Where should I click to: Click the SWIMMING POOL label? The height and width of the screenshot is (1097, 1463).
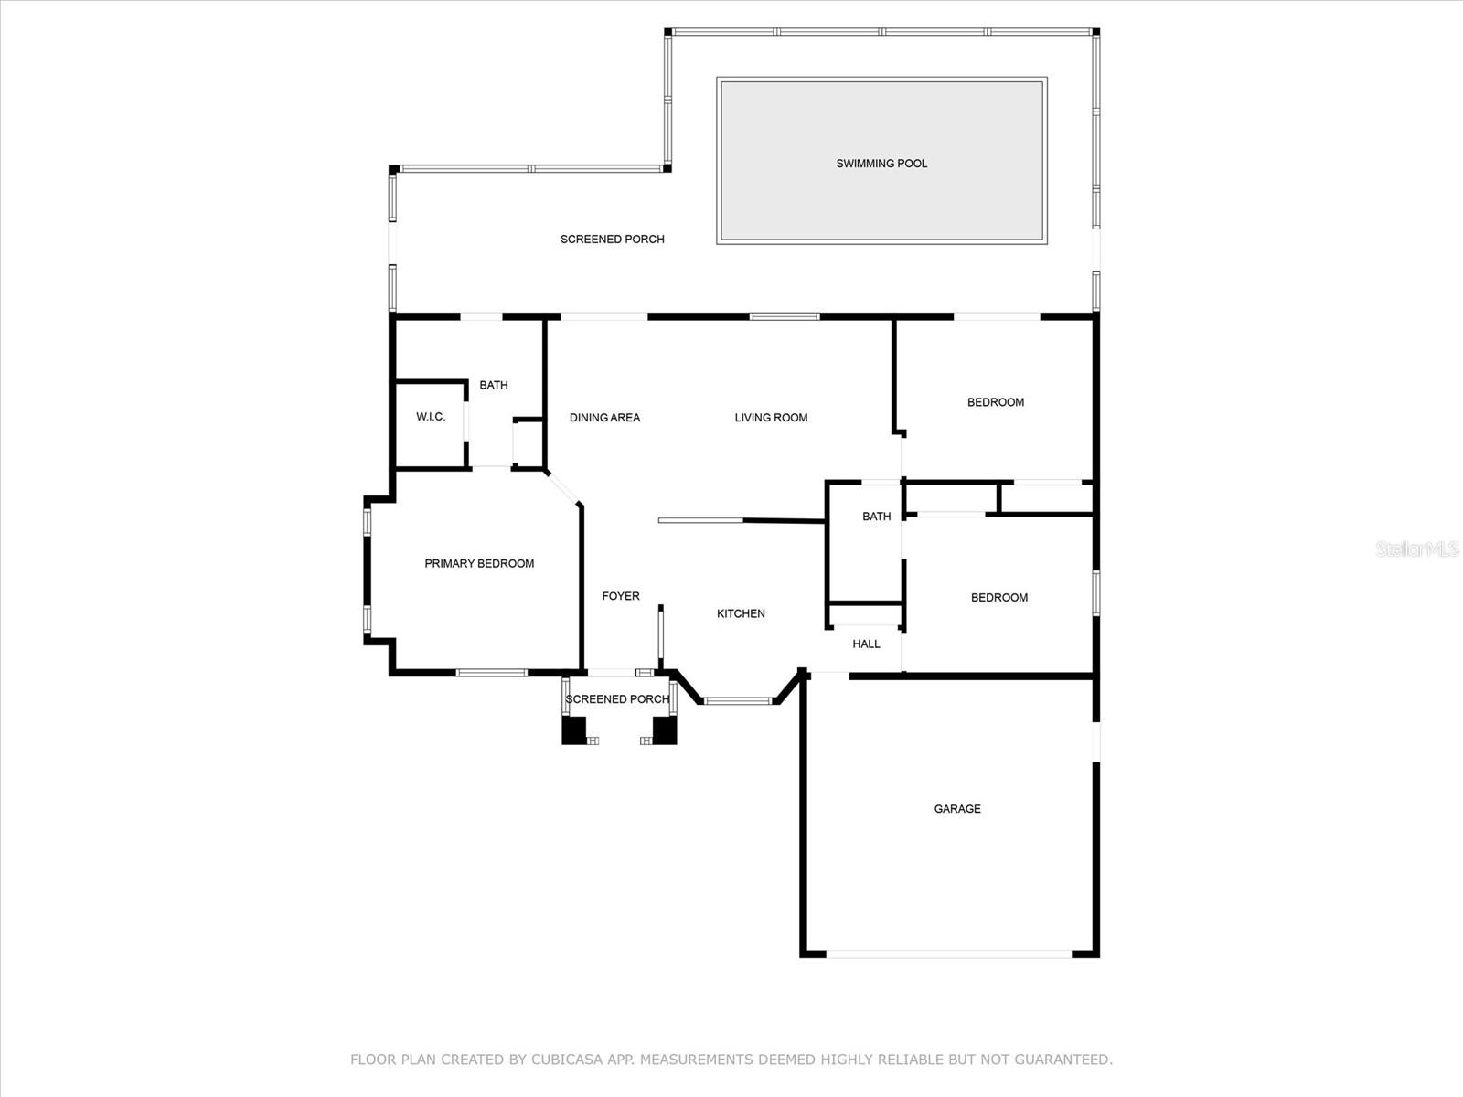pyautogui.click(x=881, y=164)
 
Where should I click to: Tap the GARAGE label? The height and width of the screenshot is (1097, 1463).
pyautogui.click(x=957, y=809)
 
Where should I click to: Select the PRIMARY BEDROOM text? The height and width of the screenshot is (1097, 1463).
pyautogui.click(x=479, y=564)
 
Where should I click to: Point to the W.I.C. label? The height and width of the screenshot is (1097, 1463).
pyautogui.click(x=431, y=417)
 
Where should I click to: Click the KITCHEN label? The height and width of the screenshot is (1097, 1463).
pyautogui.click(x=741, y=613)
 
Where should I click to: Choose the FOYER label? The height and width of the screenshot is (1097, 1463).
pyautogui.click(x=621, y=596)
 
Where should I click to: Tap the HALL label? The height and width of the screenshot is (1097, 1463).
pyautogui.click(x=866, y=644)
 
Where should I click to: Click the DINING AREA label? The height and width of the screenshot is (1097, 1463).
pyautogui.click(x=604, y=418)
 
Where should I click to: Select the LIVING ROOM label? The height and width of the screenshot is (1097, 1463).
pyautogui.click(x=771, y=418)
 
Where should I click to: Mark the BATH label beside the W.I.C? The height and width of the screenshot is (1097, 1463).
pyautogui.click(x=494, y=385)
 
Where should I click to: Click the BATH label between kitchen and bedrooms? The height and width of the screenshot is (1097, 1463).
pyautogui.click(x=876, y=517)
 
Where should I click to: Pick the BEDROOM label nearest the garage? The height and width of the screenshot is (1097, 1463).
pyautogui.click(x=999, y=598)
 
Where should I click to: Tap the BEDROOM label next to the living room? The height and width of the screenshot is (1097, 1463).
pyautogui.click(x=996, y=402)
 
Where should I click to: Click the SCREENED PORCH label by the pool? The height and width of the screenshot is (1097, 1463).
pyautogui.click(x=612, y=240)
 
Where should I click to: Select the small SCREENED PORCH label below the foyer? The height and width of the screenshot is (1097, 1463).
pyautogui.click(x=617, y=699)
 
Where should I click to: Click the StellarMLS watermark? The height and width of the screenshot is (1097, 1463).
pyautogui.click(x=1417, y=548)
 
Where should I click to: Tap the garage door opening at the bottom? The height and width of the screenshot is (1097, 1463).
pyautogui.click(x=949, y=953)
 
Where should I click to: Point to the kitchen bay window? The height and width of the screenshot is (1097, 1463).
pyautogui.click(x=738, y=701)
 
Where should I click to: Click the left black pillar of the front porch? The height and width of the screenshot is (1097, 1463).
pyautogui.click(x=573, y=730)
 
